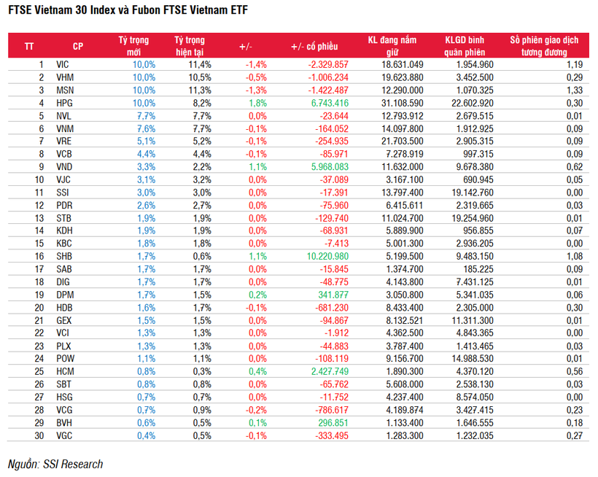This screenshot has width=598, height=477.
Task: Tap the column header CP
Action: (x=78, y=46)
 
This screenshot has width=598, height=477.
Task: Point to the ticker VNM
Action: (x=65, y=128)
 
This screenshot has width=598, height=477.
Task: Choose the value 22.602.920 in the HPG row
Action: (x=473, y=103)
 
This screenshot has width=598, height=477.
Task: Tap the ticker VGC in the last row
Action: (x=65, y=435)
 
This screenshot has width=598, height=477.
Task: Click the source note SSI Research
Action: (x=55, y=464)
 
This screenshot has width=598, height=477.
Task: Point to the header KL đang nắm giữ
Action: (x=395, y=46)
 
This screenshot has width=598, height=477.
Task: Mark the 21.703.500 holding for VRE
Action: (x=397, y=141)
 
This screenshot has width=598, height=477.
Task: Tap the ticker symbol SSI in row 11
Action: (x=63, y=192)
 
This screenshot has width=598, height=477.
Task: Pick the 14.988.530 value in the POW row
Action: (x=473, y=358)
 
